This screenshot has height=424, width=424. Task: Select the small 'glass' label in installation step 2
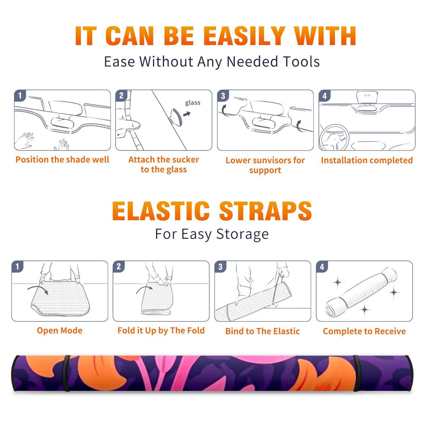[x=193, y=103]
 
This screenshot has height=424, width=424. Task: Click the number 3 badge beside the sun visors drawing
[x=223, y=96]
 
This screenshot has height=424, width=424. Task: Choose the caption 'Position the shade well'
[x=62, y=160]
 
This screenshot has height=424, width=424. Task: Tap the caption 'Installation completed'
[x=367, y=160]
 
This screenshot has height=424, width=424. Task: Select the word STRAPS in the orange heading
[x=266, y=211]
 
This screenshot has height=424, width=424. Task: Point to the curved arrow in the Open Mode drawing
[x=38, y=289]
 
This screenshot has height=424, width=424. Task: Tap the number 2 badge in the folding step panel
[x=119, y=267]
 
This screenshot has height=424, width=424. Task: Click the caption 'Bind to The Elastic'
[x=263, y=331]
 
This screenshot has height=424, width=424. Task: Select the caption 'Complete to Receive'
[x=364, y=331]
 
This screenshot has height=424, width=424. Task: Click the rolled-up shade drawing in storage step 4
[x=361, y=292]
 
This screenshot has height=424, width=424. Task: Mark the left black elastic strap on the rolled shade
[x=67, y=373]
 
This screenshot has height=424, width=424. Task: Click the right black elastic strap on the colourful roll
[x=356, y=373]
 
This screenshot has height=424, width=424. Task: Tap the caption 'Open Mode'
[x=60, y=330]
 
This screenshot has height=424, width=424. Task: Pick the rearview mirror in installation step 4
[x=367, y=98]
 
